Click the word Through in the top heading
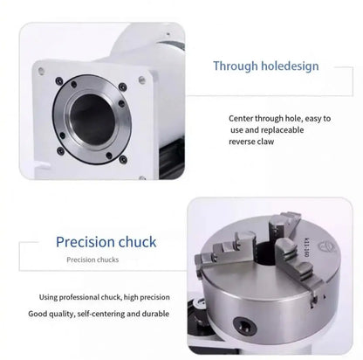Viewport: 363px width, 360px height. [235, 66]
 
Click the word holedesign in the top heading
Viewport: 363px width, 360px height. [289, 66]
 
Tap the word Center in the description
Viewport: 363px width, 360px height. [243, 118]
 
